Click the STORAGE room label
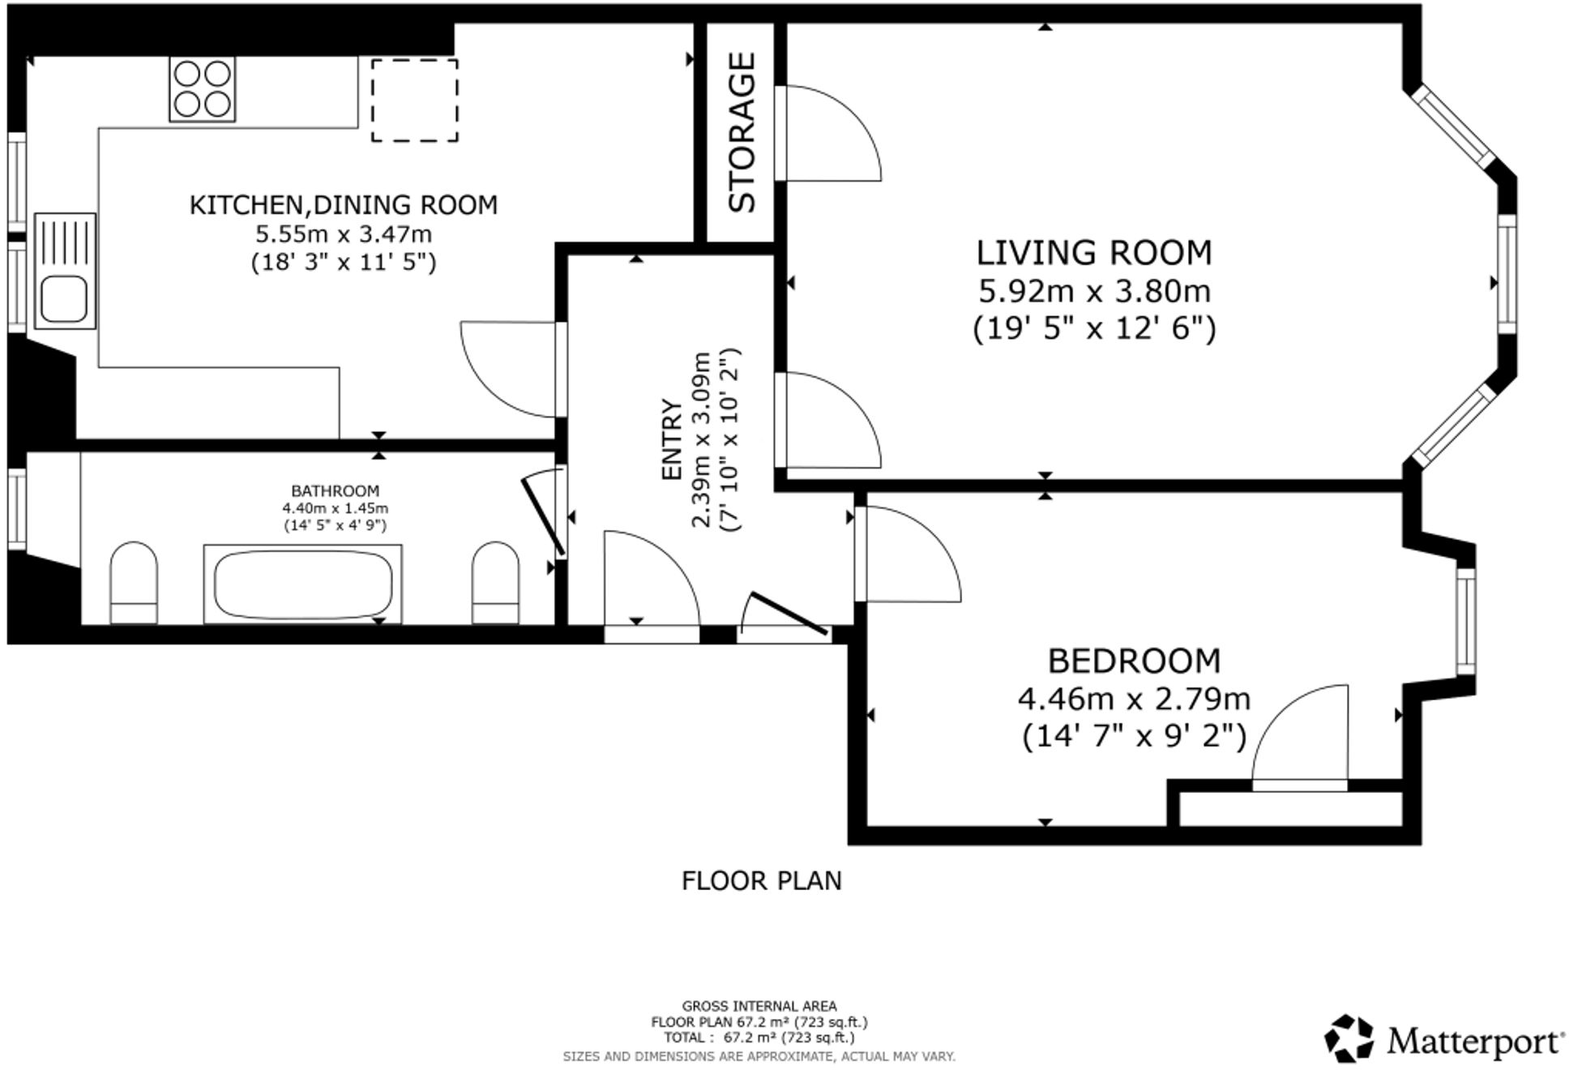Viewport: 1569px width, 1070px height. [742, 132]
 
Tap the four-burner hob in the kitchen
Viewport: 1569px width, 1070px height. [203, 89]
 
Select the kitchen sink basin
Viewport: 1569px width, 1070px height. [65, 299]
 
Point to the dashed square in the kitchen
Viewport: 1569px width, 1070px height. [414, 100]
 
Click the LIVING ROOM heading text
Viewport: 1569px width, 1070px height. [1093, 253]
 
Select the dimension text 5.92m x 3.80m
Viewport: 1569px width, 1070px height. [1093, 290]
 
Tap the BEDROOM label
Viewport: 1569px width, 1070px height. [1133, 661]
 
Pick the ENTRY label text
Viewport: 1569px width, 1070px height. [672, 439]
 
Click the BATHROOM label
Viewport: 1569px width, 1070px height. [335, 490]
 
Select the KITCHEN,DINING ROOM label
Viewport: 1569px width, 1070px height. [343, 205]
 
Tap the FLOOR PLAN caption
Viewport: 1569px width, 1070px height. [761, 880]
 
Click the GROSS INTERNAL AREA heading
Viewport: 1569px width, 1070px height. [759, 1006]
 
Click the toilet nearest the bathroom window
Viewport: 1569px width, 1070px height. [134, 582]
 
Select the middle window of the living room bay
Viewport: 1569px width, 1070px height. [1506, 274]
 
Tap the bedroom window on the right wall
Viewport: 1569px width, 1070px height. [1465, 622]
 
